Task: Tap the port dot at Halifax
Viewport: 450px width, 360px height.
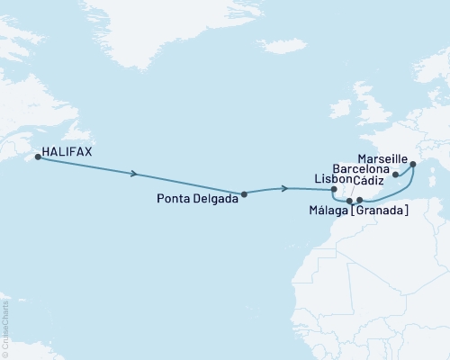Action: coord(38,157)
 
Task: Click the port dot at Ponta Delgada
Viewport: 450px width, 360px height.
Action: coord(245,193)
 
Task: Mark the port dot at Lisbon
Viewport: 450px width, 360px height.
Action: coord(333,190)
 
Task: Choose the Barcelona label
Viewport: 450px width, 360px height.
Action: coord(361,169)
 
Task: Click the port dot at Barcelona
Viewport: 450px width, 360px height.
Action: coord(395,175)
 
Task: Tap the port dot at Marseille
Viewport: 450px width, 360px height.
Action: coord(413,165)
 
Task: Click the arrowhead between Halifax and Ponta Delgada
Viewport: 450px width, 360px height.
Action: coord(135,174)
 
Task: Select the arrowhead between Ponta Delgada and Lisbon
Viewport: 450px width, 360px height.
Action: coord(285,188)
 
